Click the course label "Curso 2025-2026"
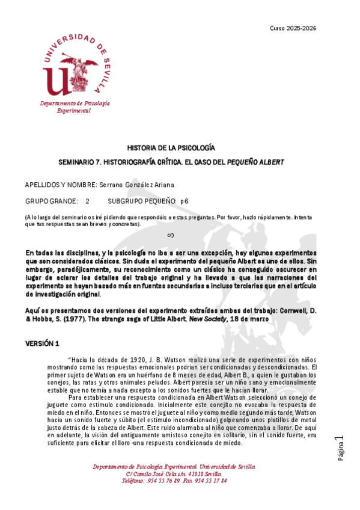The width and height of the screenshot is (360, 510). click(x=293, y=28)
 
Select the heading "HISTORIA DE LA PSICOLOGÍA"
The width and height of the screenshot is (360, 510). click(x=171, y=148)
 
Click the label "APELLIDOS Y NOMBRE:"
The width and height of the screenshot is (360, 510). click(x=60, y=185)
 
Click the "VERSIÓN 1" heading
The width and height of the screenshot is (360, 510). click(x=41, y=343)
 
